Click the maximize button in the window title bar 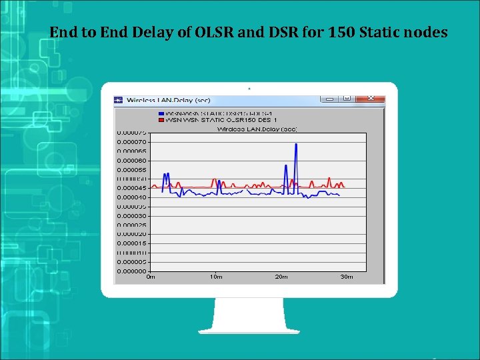click(347, 99)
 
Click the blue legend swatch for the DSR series click(161, 113)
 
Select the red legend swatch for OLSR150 click(161, 120)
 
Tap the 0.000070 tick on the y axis click(132, 141)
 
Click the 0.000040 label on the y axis click(132, 197)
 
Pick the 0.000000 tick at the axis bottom click(132, 271)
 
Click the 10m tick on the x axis click(216, 276)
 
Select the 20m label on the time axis click(281, 276)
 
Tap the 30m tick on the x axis click(347, 276)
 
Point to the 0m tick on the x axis click(151, 276)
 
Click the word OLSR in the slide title click(217, 31)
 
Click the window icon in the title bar click(119, 100)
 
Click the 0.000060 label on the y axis click(132, 160)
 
